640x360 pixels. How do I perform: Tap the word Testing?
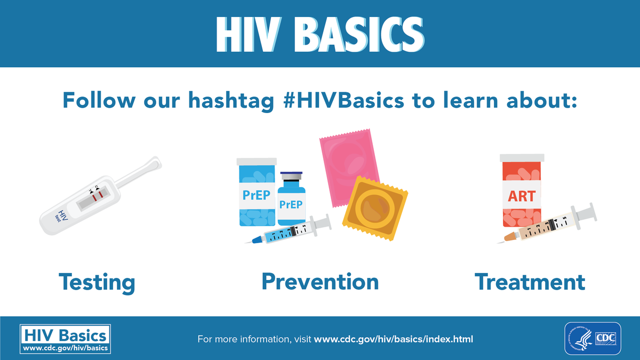click(97, 282)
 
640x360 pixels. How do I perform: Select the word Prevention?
click(320, 281)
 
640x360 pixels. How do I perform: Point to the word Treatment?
click(530, 281)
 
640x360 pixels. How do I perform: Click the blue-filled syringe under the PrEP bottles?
click(288, 232)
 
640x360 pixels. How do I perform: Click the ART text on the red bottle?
click(521, 196)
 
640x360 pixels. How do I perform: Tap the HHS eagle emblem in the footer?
click(580, 338)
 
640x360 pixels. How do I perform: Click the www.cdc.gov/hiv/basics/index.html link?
click(394, 339)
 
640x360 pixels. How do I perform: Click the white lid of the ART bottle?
click(522, 158)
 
